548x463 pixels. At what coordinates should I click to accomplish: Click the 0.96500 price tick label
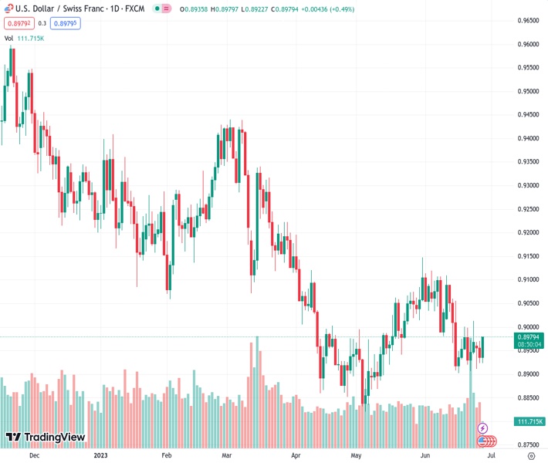[x=527, y=21]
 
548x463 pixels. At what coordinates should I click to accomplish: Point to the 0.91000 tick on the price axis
[x=527, y=279]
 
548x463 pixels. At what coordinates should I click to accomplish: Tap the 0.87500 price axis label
[x=527, y=444]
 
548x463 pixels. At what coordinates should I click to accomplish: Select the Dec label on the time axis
[x=33, y=456]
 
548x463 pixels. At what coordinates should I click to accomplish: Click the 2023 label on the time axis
[x=100, y=456]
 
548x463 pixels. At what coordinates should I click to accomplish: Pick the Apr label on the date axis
[x=296, y=456]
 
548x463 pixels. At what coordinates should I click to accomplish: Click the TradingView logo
[x=45, y=438]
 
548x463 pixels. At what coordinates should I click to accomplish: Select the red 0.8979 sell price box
[x=18, y=24]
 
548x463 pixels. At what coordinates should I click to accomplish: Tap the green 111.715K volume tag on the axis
[x=528, y=421]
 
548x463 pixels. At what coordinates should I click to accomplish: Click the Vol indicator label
[x=8, y=38]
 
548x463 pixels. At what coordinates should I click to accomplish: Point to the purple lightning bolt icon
[x=483, y=428]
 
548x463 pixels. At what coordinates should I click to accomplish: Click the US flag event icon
[x=484, y=441]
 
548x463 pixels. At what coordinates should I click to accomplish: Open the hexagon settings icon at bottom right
[x=530, y=456]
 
